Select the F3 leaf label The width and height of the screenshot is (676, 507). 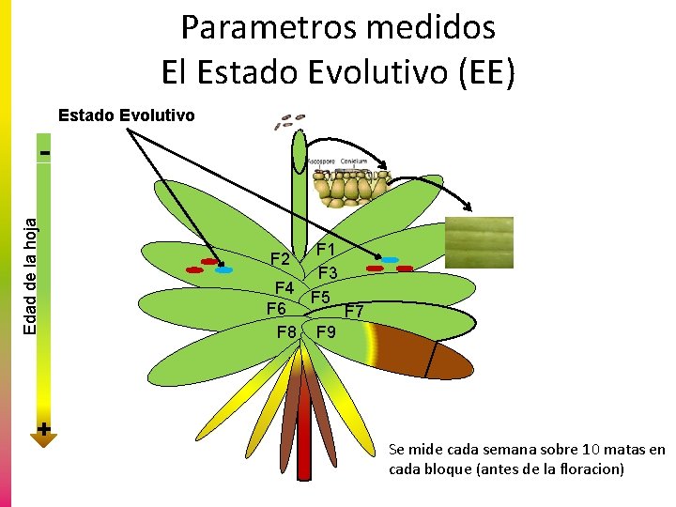[328, 273]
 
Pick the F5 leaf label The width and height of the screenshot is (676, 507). [321, 298]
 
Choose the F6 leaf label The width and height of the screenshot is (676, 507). [277, 309]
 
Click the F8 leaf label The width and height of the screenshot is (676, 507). [287, 332]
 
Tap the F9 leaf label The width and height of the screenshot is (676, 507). [327, 332]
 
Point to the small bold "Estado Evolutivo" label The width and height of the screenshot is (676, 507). [127, 116]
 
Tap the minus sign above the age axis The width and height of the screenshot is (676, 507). [44, 149]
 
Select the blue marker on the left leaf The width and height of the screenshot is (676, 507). [223, 270]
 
